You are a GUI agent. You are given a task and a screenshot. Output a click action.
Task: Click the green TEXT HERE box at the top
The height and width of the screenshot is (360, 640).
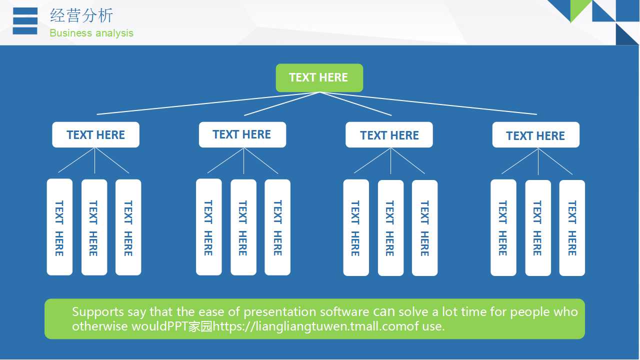(319, 77)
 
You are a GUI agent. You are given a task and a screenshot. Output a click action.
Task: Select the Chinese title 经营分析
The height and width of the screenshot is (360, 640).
(81, 15)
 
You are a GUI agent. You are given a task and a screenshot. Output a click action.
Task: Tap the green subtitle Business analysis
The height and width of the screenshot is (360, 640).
(91, 33)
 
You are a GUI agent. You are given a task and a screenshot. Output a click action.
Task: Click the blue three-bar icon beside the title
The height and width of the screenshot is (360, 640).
(25, 21)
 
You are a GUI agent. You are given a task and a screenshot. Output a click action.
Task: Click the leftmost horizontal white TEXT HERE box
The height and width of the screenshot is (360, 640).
(95, 135)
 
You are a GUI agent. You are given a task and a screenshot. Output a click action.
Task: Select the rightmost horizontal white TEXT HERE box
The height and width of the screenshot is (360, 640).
(535, 135)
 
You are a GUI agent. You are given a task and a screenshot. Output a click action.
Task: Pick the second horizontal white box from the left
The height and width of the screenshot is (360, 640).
(242, 134)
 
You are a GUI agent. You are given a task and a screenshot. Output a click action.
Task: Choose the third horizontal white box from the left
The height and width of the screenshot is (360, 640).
(389, 135)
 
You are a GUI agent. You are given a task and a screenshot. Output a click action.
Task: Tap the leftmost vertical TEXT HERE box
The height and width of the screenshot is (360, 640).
(59, 227)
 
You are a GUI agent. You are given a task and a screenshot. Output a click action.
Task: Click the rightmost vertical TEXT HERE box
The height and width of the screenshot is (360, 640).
(572, 228)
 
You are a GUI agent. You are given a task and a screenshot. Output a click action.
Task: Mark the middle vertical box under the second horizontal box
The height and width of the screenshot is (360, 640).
(243, 227)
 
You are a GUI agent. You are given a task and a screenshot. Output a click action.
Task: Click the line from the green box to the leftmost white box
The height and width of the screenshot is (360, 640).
(200, 103)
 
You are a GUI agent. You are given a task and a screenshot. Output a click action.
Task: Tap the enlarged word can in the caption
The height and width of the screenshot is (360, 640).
(384, 311)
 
